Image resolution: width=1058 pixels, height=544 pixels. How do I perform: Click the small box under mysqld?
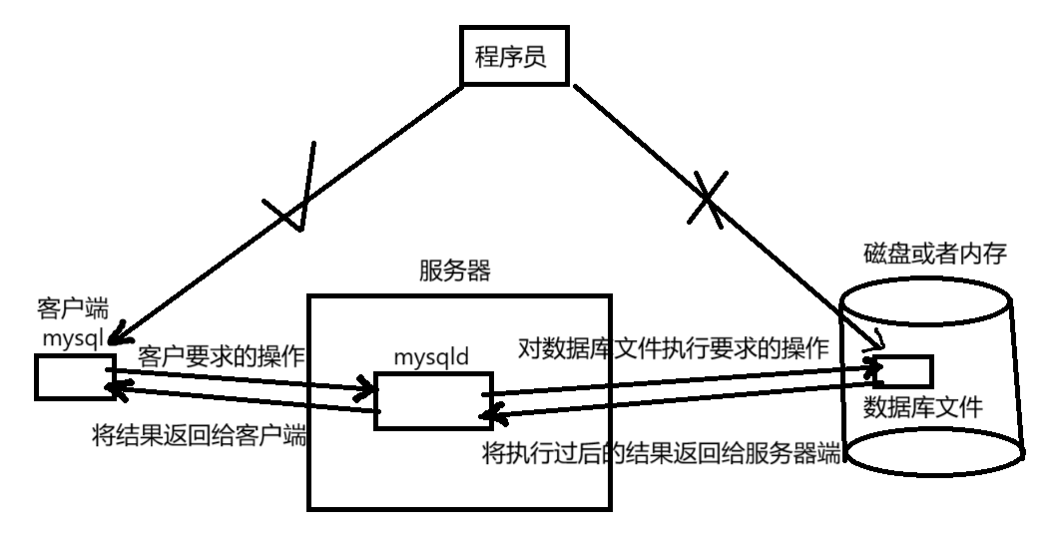433,400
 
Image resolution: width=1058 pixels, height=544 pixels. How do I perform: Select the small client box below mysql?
70,378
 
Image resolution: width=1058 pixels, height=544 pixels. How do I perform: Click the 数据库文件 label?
923,408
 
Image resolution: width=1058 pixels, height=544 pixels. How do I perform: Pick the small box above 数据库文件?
904,372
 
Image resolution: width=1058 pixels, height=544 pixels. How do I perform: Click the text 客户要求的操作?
221,357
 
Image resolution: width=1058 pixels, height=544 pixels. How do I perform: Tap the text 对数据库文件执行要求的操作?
674,349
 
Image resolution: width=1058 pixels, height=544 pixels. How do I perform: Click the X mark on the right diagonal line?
707,200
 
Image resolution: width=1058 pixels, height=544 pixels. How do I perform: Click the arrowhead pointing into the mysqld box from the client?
361,387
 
